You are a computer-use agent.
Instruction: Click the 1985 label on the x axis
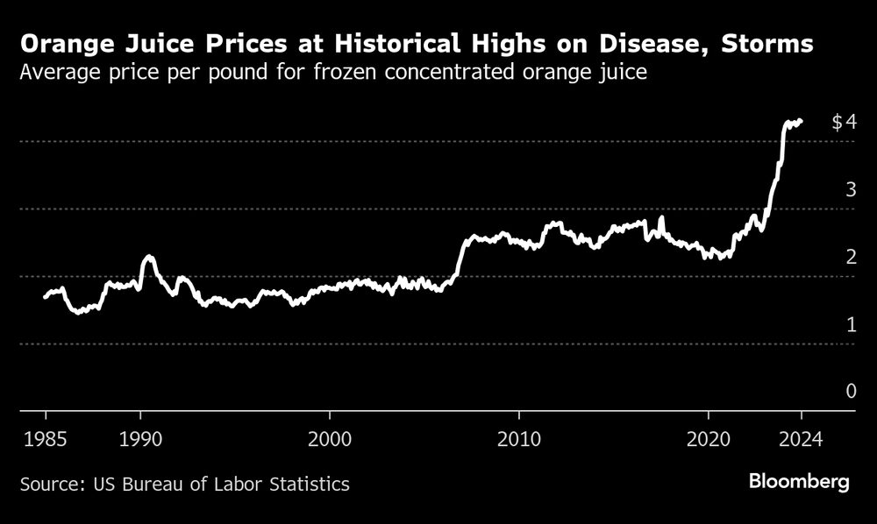pos(45,438)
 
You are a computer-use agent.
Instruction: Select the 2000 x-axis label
pos(330,438)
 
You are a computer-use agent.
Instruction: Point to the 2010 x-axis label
pos(519,438)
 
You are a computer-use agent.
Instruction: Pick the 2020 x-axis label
pos(709,438)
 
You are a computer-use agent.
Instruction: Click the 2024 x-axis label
pos(802,438)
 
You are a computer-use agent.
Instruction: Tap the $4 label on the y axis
pos(843,123)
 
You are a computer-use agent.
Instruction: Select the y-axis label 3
pos(850,190)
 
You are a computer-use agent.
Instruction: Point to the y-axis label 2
pos(850,258)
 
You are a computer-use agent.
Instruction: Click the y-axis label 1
pos(850,325)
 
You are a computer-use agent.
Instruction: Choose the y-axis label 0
pos(850,391)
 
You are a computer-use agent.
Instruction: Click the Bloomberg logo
pos(798,482)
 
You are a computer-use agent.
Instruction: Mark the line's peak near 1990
pos(149,257)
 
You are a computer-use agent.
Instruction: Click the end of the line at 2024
pos(801,121)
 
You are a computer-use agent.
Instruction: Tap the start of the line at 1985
pos(46,297)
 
